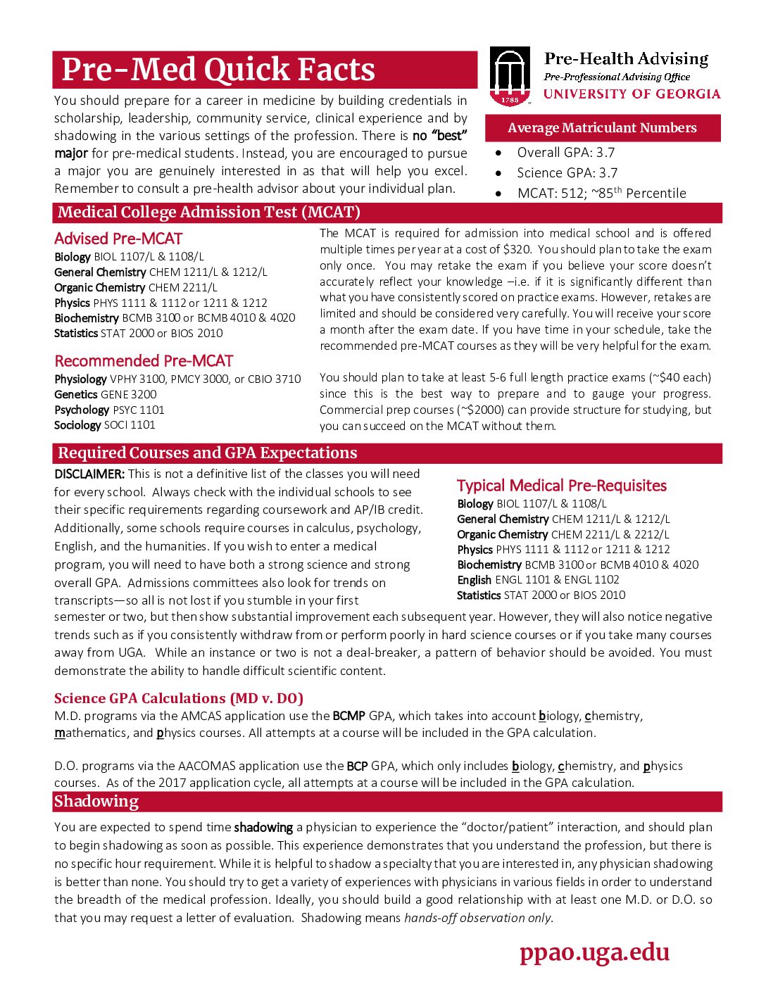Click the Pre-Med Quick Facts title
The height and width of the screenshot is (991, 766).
coord(218,70)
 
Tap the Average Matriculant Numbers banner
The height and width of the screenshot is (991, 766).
coord(602,128)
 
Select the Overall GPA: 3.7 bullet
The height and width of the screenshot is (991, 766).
coord(565,153)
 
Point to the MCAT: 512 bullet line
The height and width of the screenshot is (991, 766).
coord(601,193)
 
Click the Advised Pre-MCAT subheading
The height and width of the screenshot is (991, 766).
coord(118,239)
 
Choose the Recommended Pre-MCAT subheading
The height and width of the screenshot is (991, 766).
coord(144,361)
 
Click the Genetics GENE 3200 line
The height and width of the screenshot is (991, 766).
coord(106,395)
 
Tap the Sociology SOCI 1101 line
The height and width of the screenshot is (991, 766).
coord(105,425)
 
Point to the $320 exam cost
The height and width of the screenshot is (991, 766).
coord(517,249)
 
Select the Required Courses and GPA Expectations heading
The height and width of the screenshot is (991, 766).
coord(208,453)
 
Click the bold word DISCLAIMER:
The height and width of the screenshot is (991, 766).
coord(89,474)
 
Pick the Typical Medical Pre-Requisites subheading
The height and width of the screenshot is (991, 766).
coord(561,486)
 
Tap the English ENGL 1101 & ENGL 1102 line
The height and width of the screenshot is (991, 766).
coord(538,580)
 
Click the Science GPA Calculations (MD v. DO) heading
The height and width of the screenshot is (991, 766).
coord(179,698)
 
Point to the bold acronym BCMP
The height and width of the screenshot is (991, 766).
coord(349,716)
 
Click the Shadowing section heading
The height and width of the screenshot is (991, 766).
coord(96,802)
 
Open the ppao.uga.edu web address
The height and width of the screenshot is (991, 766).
coord(594,952)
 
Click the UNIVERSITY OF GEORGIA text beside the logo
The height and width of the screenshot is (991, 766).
coord(632,94)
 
